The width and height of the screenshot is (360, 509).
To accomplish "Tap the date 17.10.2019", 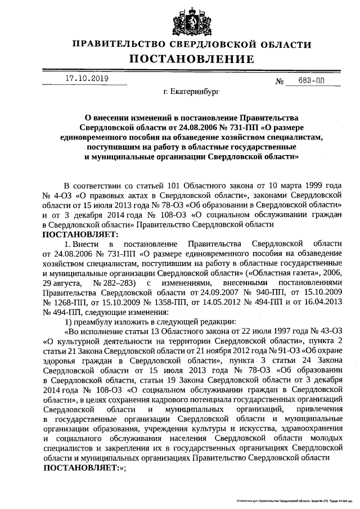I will [86, 79].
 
